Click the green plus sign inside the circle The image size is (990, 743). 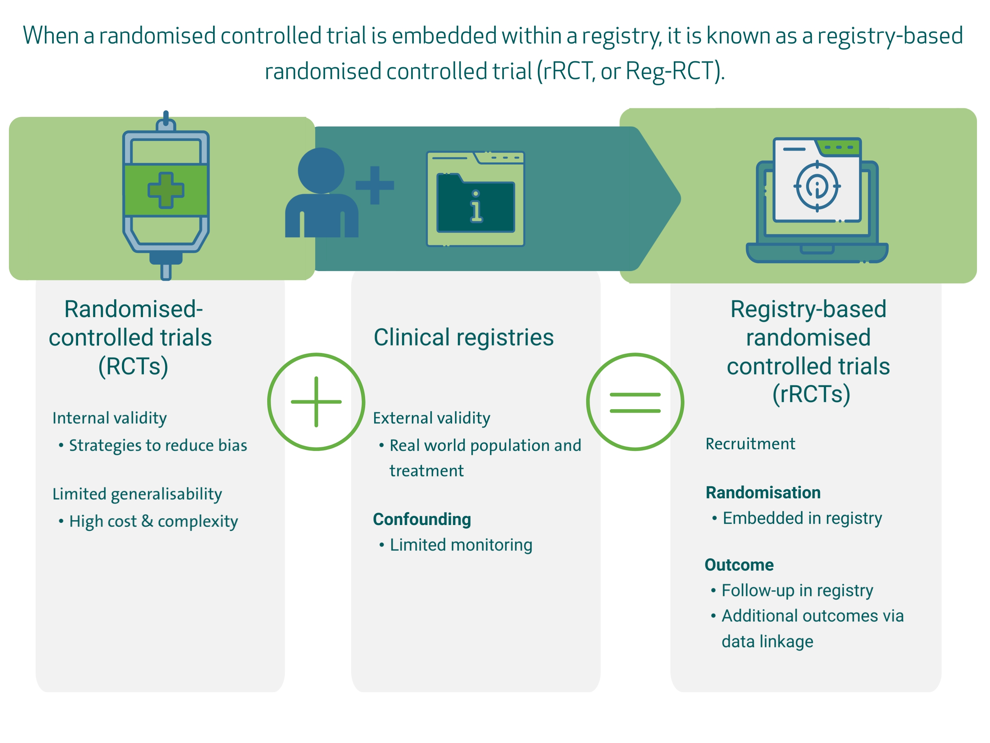tap(316, 402)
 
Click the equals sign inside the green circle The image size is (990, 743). tap(635, 402)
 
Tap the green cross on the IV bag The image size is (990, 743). tap(165, 190)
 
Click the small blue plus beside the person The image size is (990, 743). tap(375, 185)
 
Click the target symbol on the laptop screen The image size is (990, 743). tap(817, 185)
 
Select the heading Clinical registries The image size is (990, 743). tap(464, 337)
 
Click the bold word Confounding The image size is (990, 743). tap(422, 519)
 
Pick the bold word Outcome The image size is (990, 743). tap(739, 565)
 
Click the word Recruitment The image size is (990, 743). tap(750, 444)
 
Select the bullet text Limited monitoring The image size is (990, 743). tap(461, 545)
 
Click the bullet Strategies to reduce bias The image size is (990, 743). tap(158, 445)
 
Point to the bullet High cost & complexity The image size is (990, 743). tap(153, 521)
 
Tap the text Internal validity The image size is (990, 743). tap(110, 418)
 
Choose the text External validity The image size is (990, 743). tap(431, 418)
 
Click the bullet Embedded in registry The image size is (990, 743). tap(802, 518)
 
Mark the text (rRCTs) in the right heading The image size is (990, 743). tap(811, 394)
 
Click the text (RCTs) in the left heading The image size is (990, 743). tap(133, 366)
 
